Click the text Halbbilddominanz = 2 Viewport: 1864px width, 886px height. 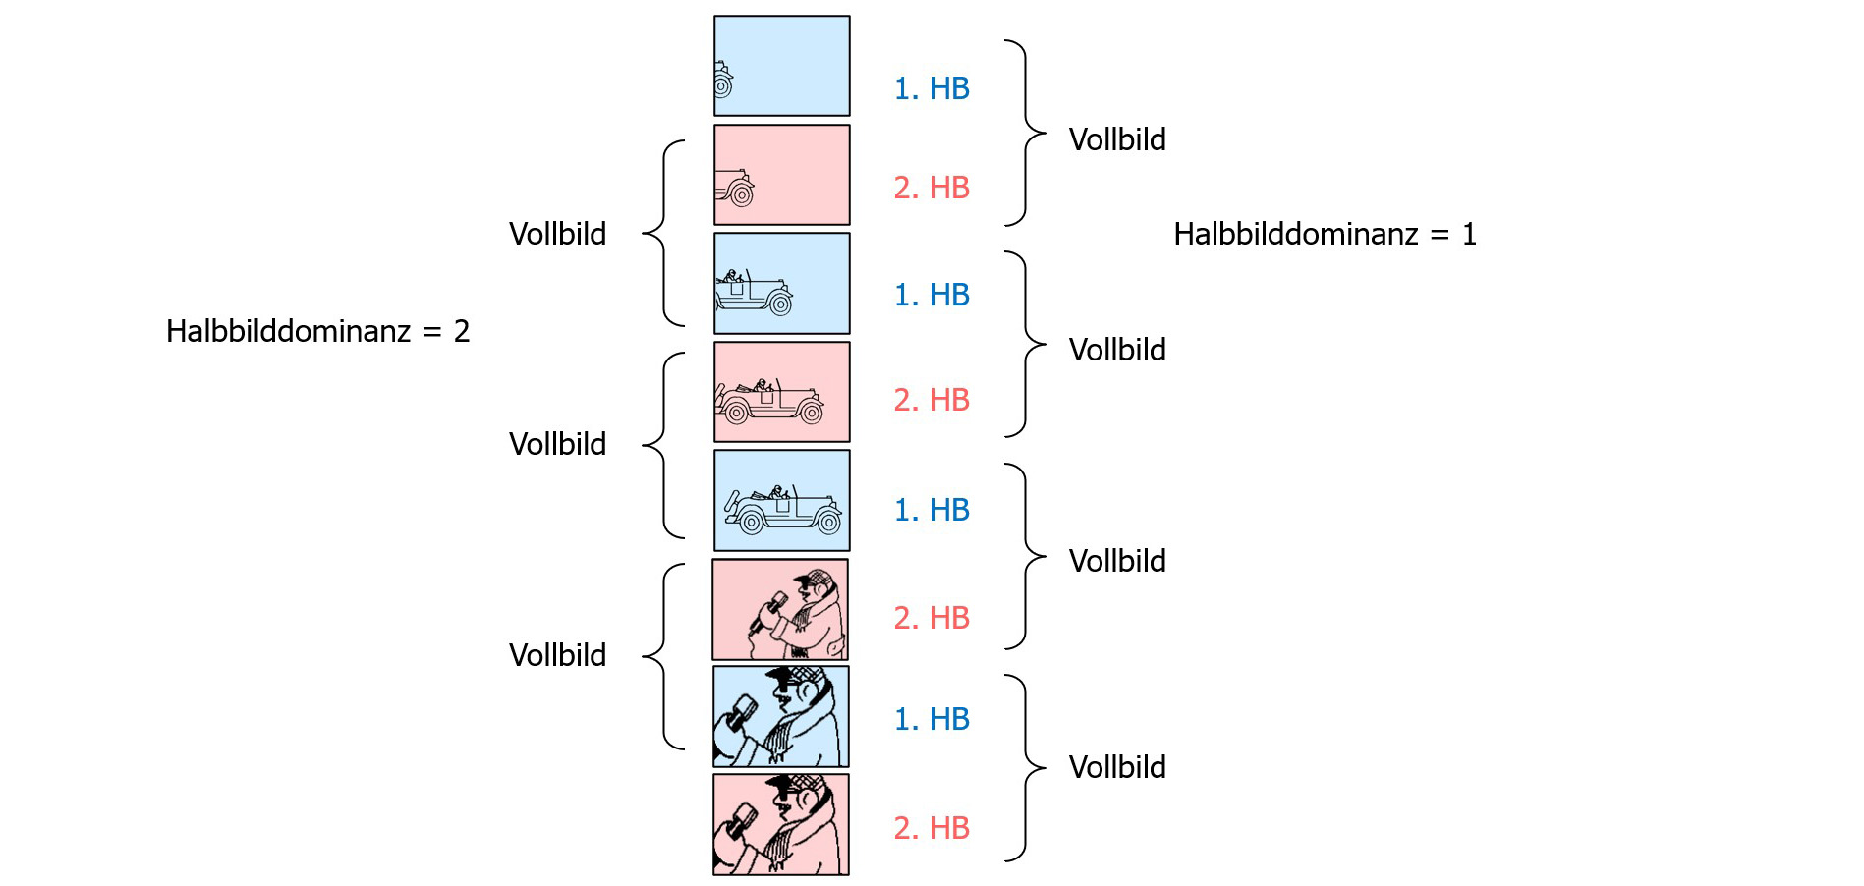(x=317, y=331)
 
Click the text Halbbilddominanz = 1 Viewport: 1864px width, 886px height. (x=1325, y=234)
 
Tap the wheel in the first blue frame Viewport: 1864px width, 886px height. (x=722, y=86)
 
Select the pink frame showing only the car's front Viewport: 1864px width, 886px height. (x=781, y=175)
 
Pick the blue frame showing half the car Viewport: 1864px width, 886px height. (x=781, y=283)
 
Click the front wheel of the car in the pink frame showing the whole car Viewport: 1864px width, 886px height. (x=811, y=413)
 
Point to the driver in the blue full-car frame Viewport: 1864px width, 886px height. (x=778, y=491)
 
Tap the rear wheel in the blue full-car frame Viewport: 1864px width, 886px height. (x=752, y=523)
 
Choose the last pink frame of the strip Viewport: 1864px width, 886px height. (x=781, y=824)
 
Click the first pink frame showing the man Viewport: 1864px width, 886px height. (x=780, y=609)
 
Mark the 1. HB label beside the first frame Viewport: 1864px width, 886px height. (x=932, y=88)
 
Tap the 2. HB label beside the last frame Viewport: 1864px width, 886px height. (x=932, y=828)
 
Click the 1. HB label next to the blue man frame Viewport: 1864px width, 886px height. (x=932, y=719)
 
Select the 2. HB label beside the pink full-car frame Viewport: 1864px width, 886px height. (x=932, y=400)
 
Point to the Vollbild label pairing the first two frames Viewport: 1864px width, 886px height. (x=1117, y=139)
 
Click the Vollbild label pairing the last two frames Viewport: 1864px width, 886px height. (x=1117, y=767)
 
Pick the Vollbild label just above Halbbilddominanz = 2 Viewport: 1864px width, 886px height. (x=557, y=234)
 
